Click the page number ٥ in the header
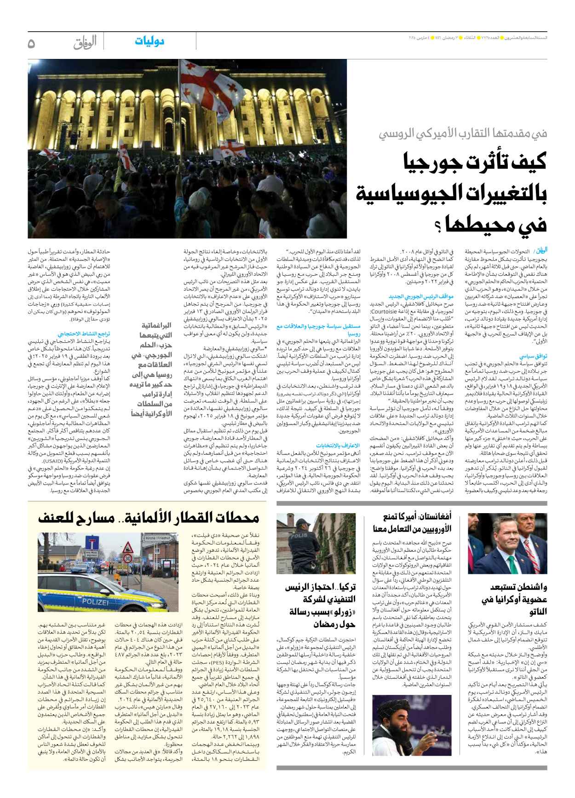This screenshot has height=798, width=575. (x=31, y=43)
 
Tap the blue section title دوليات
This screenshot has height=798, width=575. (x=149, y=41)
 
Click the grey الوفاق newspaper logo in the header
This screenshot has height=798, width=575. (x=85, y=43)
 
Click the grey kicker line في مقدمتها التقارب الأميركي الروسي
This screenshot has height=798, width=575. (x=463, y=134)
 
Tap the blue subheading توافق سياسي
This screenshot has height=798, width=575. (x=533, y=356)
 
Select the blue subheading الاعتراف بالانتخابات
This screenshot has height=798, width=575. (x=338, y=445)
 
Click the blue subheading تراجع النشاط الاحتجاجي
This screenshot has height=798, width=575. (x=84, y=334)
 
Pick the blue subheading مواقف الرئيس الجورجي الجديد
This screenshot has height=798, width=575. (x=421, y=296)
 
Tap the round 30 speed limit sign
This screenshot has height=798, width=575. (x=128, y=559)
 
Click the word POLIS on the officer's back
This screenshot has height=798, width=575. (x=299, y=536)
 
